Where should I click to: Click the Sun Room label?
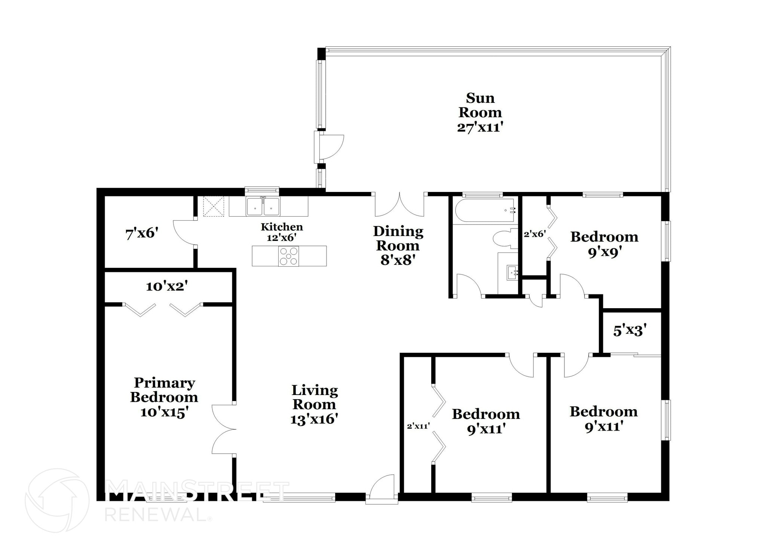pyautogui.click(x=480, y=105)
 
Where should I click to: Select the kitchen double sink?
pyautogui.click(x=263, y=206)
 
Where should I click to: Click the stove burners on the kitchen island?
pyautogui.click(x=288, y=256)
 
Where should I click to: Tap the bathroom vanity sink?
pyautogui.click(x=512, y=272)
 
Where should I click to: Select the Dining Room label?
pyautogui.click(x=398, y=238)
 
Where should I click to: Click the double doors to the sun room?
pyautogui.click(x=399, y=205)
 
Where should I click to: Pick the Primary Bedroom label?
pyautogui.click(x=164, y=389)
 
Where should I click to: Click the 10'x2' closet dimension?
pyautogui.click(x=166, y=287)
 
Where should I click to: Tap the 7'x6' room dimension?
pyautogui.click(x=142, y=234)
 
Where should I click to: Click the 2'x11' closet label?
pyautogui.click(x=418, y=426)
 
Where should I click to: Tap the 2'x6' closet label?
pyautogui.click(x=534, y=234)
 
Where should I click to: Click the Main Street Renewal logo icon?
pyautogui.click(x=57, y=500)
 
